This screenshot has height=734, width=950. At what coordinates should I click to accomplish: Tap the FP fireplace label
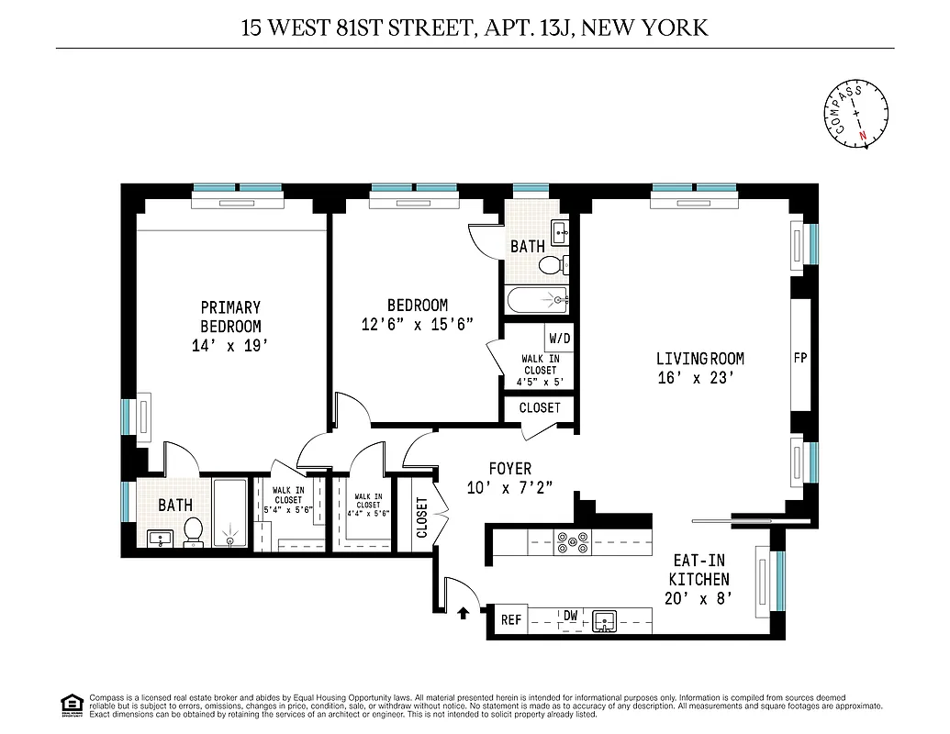799,358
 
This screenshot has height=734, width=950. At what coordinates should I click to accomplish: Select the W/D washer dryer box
559,338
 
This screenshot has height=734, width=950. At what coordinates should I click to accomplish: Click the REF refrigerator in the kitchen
510,620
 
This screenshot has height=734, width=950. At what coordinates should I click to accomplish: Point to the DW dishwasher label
570,617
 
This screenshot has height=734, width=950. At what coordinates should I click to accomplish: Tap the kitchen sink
606,622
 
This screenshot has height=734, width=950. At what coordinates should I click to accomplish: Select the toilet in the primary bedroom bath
194,531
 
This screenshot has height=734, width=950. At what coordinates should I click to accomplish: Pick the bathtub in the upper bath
537,300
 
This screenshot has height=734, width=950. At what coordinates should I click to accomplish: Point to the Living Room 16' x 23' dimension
697,377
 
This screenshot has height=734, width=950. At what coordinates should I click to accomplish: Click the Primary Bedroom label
230,317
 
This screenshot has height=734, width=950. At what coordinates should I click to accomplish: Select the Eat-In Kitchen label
699,571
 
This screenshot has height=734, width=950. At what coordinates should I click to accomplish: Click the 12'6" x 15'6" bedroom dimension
417,324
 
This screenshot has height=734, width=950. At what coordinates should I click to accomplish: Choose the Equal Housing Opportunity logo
70,704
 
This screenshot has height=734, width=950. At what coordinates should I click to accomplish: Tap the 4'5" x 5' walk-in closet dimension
540,382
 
